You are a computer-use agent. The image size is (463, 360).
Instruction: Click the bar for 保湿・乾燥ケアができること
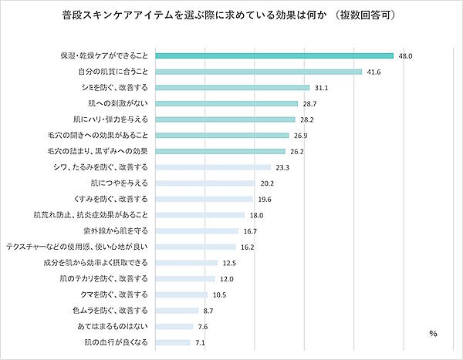(x=274, y=56)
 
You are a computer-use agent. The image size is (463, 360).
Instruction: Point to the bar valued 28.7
(x=226, y=103)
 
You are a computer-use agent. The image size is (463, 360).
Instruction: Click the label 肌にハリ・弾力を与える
(x=113, y=119)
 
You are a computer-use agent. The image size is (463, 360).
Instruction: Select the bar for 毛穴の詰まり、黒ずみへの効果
(x=220, y=151)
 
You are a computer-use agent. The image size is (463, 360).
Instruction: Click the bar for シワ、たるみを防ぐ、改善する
(x=213, y=167)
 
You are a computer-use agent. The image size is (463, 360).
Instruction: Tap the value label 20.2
(x=267, y=183)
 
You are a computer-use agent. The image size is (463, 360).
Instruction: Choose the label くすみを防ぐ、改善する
(x=113, y=199)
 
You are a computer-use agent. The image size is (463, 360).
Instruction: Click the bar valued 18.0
(x=200, y=215)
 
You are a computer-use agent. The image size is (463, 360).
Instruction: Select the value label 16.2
(x=248, y=247)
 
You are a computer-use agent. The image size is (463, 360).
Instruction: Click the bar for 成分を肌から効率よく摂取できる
(x=187, y=263)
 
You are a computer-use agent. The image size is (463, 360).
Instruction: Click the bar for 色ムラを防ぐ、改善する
(x=177, y=310)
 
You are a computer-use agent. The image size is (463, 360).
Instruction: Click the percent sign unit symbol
(x=433, y=333)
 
